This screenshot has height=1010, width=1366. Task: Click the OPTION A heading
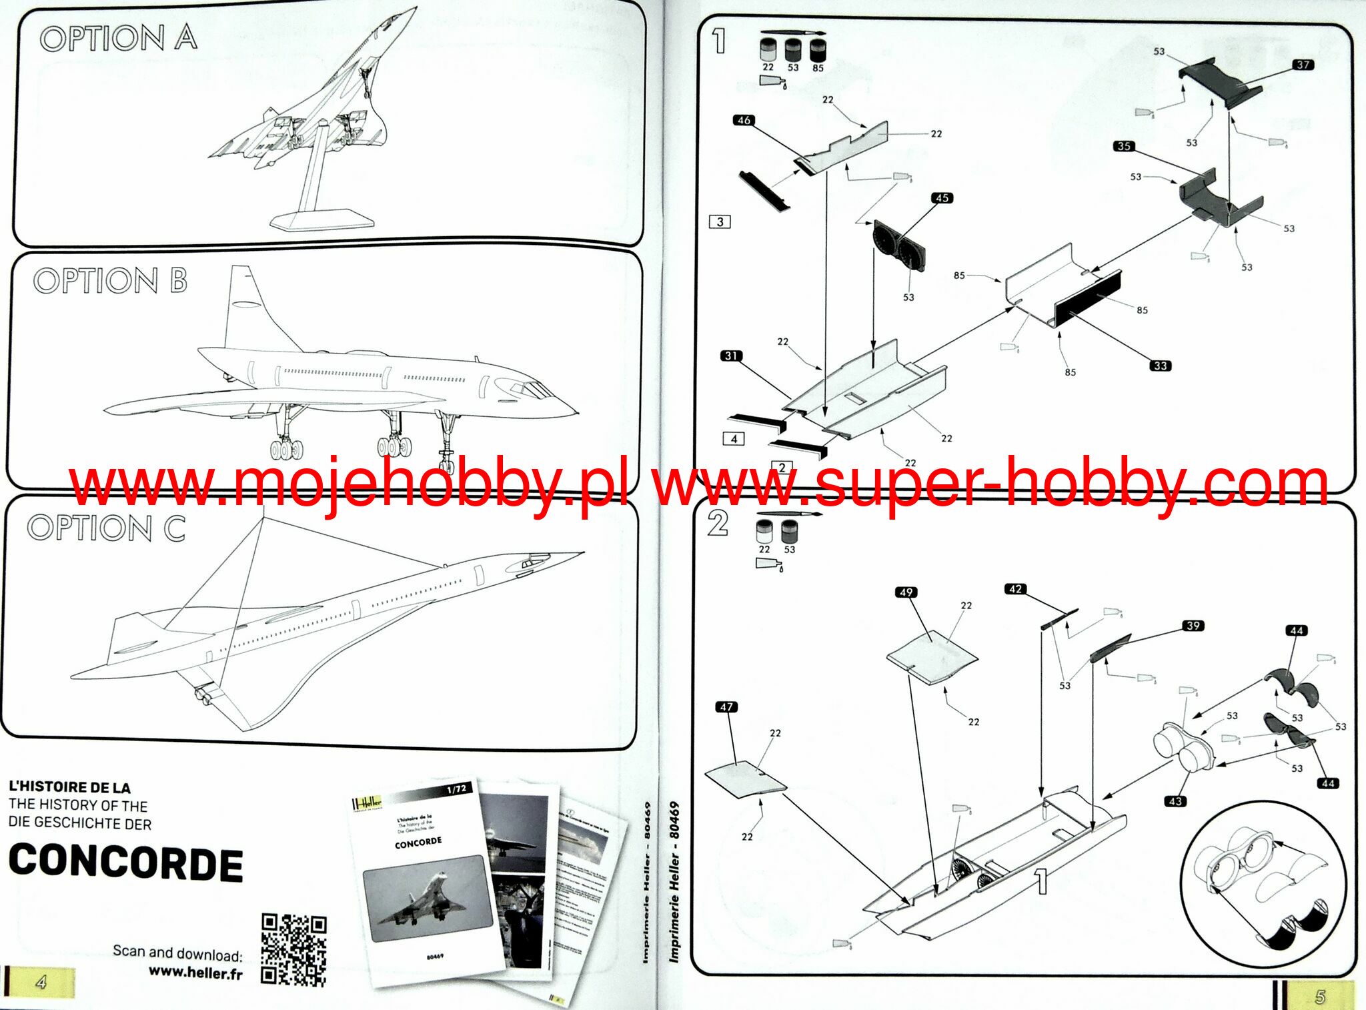click(x=119, y=38)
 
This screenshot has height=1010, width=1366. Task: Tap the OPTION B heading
click(x=111, y=281)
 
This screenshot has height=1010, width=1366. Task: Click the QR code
click(x=293, y=950)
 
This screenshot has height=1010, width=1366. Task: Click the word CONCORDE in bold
click(x=126, y=863)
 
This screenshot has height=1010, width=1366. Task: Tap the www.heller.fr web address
click(x=195, y=973)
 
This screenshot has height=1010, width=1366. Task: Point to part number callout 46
click(x=744, y=120)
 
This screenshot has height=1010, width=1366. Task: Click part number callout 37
click(x=1303, y=65)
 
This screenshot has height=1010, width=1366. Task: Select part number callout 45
click(x=942, y=198)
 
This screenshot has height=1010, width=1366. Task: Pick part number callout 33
click(x=1161, y=366)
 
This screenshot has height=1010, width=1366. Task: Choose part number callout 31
click(x=731, y=356)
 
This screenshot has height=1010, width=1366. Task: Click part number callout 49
click(x=906, y=592)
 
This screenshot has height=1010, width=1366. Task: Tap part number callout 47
click(x=726, y=707)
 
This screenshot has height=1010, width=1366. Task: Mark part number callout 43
click(x=1175, y=801)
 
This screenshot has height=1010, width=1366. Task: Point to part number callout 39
click(x=1193, y=626)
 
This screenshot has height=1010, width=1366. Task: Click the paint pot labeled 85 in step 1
click(x=818, y=51)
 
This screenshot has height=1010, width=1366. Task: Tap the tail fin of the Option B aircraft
click(x=247, y=307)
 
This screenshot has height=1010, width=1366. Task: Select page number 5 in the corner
click(x=1319, y=997)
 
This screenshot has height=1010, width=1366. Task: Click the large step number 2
click(x=718, y=524)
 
